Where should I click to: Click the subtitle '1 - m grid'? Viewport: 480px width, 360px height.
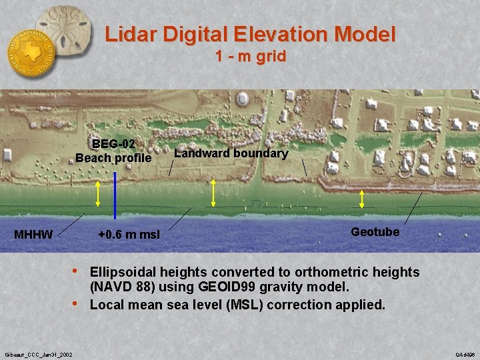tap(251, 57)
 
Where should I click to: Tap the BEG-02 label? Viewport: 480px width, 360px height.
tap(113, 143)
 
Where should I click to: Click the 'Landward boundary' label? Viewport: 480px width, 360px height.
tap(231, 153)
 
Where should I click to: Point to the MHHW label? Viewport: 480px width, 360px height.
tap(33, 235)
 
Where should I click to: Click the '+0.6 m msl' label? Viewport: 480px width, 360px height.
tap(128, 235)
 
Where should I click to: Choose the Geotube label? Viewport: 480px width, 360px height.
tap(375, 232)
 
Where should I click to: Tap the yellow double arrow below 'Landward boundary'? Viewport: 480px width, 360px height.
tap(213, 193)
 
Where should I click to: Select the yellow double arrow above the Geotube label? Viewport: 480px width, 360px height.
tap(362, 199)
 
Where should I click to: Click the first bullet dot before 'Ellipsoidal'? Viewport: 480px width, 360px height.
tap(78, 271)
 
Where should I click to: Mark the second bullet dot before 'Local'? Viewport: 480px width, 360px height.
tap(78, 305)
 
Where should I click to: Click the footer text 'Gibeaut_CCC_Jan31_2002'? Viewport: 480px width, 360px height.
tap(39, 353)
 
